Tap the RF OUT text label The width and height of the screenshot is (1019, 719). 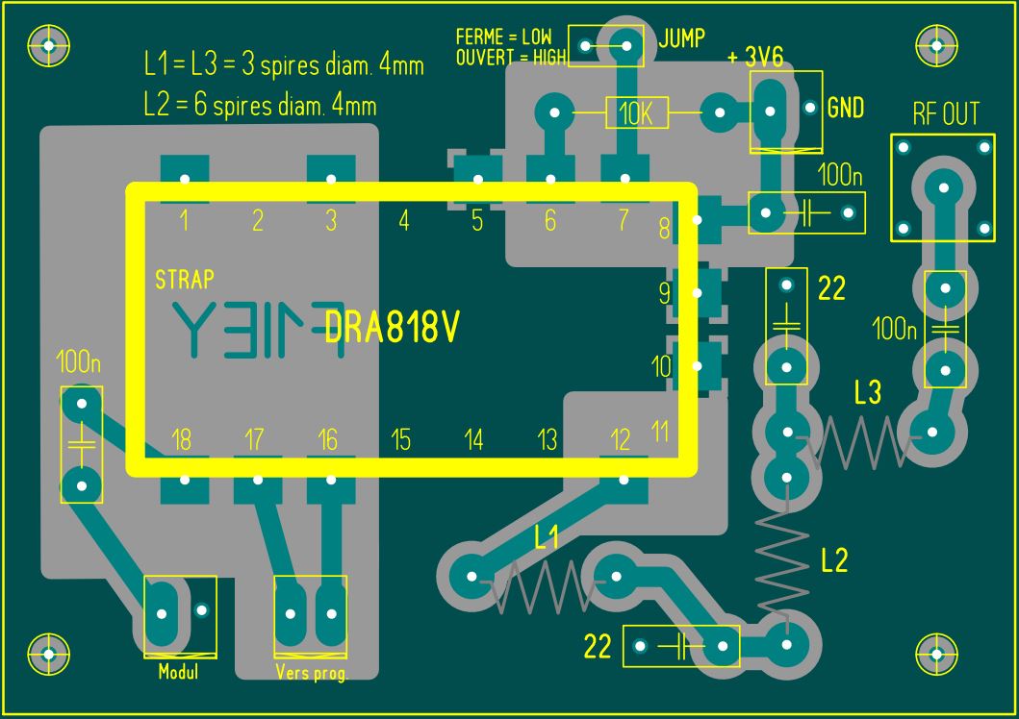coord(945,115)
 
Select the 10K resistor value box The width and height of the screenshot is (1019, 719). coord(636,114)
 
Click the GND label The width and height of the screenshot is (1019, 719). coord(845,108)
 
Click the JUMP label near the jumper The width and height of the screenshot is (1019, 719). coord(681,38)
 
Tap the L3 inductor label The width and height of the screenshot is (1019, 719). coord(867,392)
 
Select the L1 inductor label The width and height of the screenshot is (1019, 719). coord(547,538)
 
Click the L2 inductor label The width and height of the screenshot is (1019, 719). coord(833,559)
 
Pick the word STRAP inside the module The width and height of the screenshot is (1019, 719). coord(184,281)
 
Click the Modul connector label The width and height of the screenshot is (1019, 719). coord(178,672)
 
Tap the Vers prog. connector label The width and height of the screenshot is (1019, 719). coord(311,673)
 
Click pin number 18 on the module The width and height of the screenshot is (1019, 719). coord(181,440)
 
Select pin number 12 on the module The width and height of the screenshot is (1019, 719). coord(621,440)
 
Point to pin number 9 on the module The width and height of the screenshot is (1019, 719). coord(665,293)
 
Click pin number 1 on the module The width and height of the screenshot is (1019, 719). coord(184,221)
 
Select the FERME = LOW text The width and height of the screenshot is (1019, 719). coord(503,37)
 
